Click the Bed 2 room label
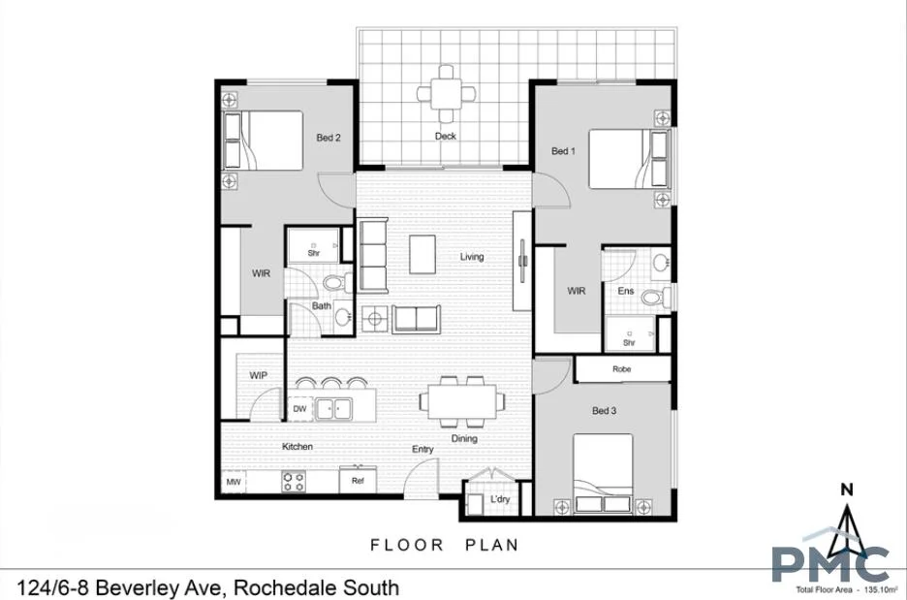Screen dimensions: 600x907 (328, 138)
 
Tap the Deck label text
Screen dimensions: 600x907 (445, 137)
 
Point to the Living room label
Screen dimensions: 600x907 (472, 257)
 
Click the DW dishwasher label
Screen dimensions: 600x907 (299, 409)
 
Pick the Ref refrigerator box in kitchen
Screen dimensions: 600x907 (358, 480)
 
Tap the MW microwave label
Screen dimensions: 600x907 (233, 481)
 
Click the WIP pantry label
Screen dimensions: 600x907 (258, 375)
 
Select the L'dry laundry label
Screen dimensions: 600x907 (500, 499)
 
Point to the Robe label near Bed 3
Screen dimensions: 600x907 (621, 369)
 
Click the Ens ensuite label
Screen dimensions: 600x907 (625, 290)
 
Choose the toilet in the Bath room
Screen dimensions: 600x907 (335, 282)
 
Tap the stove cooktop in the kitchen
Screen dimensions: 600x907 (294, 480)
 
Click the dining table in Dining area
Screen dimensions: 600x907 (458, 399)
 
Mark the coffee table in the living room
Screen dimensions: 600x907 (422, 255)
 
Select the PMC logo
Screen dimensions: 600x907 (830, 563)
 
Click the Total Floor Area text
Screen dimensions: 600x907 (845, 589)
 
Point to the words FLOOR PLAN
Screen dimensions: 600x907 (445, 545)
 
